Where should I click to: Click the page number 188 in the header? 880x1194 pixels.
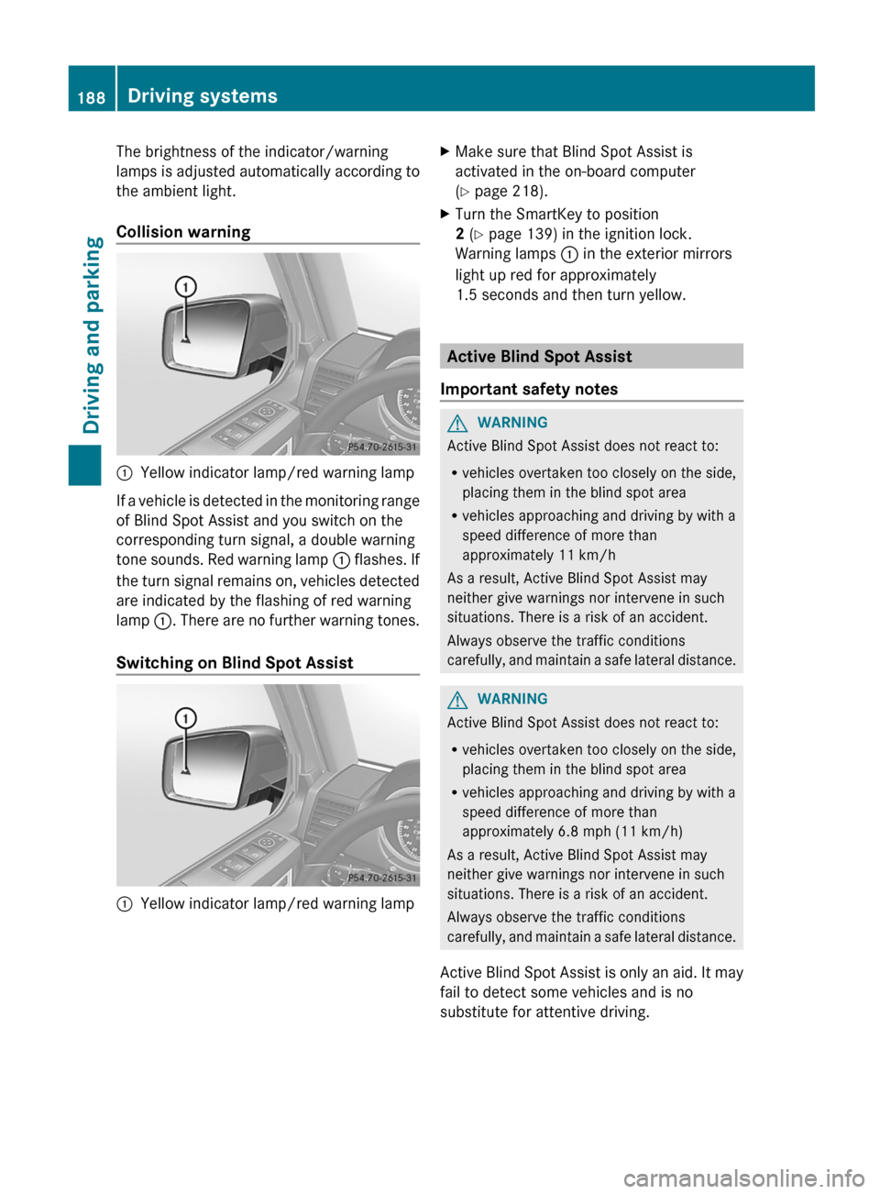pos(92,97)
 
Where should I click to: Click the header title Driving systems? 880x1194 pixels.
pos(203,96)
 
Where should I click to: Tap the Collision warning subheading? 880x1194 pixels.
pos(183,232)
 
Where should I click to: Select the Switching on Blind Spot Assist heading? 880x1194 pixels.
pos(235,663)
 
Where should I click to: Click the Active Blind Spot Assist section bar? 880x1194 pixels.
pos(591,357)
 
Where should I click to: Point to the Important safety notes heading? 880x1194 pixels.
pos(529,389)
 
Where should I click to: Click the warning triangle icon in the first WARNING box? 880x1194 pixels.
pos(456,423)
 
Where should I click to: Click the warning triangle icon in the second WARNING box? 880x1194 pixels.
pos(456,700)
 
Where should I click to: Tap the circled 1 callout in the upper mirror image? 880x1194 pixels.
pos(186,287)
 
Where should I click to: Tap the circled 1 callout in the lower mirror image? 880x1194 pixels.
pos(186,717)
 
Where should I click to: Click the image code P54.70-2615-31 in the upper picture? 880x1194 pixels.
pos(382,448)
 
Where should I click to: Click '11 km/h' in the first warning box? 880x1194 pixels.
pos(587,556)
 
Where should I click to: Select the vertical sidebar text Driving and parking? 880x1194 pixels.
pos(93,335)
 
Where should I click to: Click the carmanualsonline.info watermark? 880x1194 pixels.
pos(743,1177)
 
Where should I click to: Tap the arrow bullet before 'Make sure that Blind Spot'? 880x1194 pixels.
pos(445,151)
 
